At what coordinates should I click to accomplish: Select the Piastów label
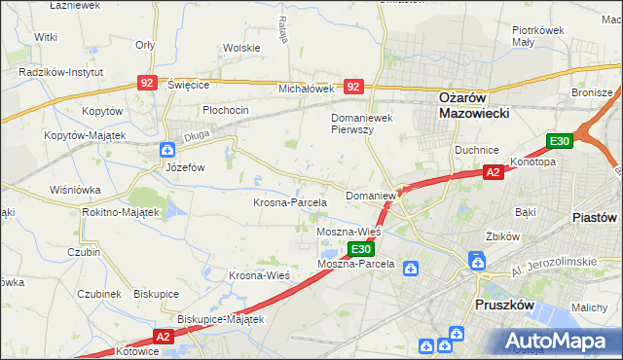[x=597, y=217]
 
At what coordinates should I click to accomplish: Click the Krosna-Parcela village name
[x=289, y=202]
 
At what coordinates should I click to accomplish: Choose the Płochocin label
[x=225, y=110]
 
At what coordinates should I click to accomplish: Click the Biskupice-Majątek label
[x=221, y=318]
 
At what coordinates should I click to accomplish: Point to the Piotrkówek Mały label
[x=539, y=36]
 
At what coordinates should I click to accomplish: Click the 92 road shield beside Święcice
[x=148, y=85]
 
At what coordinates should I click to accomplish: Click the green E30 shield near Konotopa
[x=558, y=142]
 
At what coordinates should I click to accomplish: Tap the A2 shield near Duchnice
[x=494, y=172]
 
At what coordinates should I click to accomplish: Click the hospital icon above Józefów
[x=166, y=150]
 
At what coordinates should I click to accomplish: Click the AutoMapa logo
[x=558, y=342]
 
